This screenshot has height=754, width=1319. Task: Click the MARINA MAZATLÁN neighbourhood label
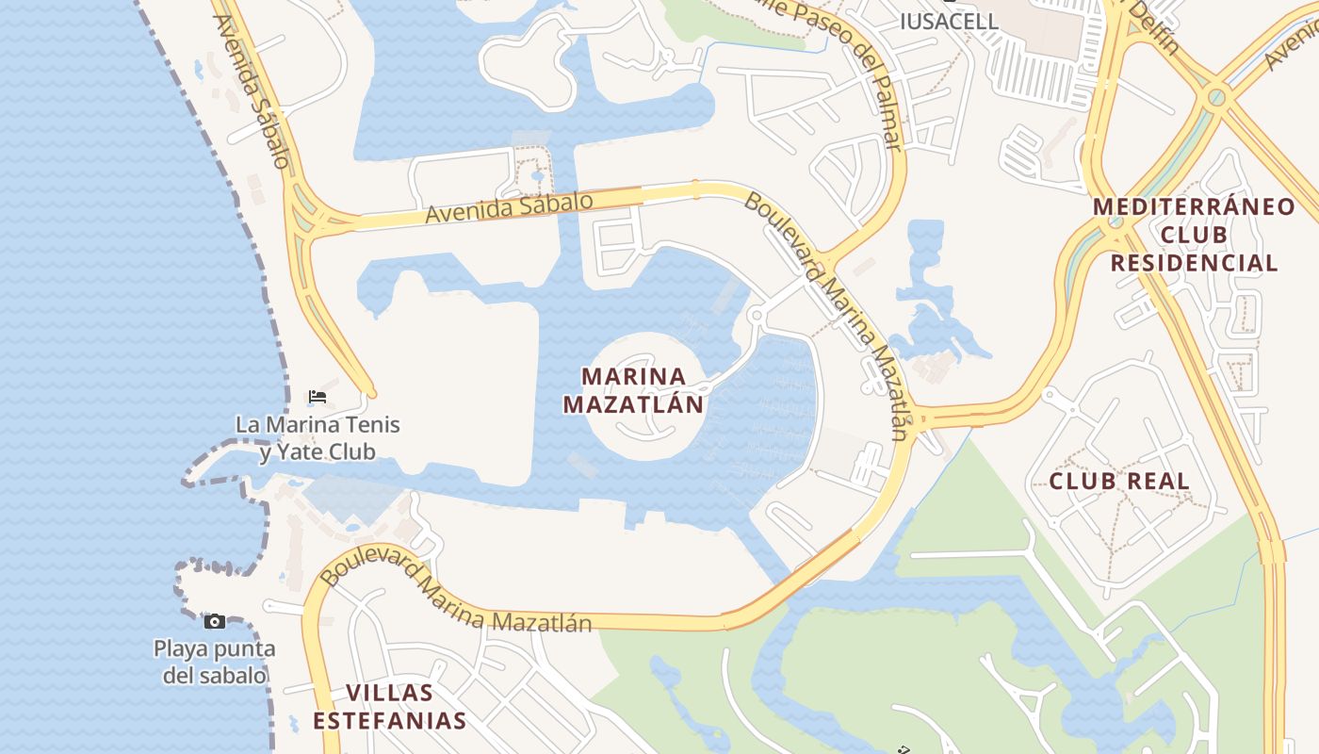(x=633, y=390)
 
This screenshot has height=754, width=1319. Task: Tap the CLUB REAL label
(x=1119, y=482)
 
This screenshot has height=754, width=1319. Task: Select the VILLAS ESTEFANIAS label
(x=389, y=707)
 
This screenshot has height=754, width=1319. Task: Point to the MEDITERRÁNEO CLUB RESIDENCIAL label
(x=1194, y=234)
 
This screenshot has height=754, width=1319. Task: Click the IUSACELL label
(x=949, y=21)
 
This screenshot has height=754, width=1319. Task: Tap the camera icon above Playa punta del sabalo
(x=215, y=621)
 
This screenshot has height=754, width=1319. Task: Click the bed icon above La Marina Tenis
(x=318, y=397)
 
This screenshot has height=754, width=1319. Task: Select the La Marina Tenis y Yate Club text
(x=318, y=438)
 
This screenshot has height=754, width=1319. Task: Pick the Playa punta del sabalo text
(x=215, y=662)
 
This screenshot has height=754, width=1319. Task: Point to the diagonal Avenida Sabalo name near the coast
(x=252, y=91)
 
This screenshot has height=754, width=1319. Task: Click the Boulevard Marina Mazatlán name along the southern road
(x=457, y=592)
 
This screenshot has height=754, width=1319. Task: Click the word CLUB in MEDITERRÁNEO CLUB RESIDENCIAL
(x=1194, y=234)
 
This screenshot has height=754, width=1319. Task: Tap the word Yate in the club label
(x=291, y=452)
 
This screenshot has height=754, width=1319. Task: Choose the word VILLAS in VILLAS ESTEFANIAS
(x=389, y=693)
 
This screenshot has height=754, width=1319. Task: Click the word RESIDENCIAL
(x=1194, y=263)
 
